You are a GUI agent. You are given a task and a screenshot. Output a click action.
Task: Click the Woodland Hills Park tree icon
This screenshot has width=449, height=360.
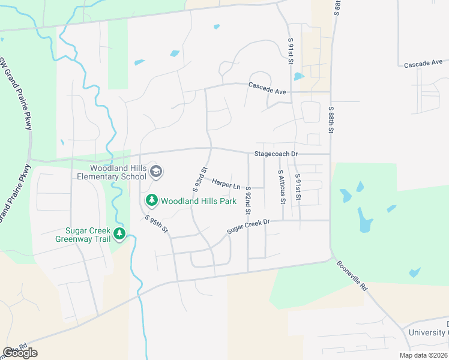(152, 200)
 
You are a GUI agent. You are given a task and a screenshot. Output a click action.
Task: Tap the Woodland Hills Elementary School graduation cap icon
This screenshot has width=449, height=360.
(156, 172)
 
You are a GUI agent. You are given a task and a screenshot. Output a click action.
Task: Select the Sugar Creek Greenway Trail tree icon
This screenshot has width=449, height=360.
(120, 233)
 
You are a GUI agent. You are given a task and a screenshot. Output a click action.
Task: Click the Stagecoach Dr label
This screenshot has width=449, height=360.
(276, 154)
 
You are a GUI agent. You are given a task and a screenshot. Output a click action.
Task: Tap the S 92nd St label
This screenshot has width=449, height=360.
(248, 201)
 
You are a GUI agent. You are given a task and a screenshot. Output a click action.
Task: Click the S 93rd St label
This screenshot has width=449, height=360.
(199, 179)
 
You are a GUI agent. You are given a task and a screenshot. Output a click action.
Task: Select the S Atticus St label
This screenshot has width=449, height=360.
(280, 186)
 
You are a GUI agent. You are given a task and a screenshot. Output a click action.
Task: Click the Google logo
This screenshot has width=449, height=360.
(20, 353)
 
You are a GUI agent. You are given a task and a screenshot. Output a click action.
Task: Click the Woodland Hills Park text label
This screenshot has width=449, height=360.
(198, 202)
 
